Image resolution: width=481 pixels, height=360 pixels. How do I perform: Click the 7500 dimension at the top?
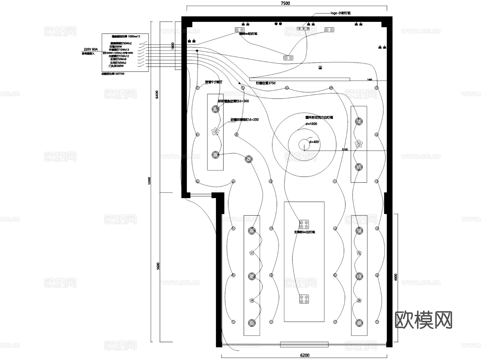[285, 3]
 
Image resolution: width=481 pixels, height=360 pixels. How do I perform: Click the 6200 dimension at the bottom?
[305, 355]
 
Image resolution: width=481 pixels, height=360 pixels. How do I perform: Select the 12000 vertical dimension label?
[149, 180]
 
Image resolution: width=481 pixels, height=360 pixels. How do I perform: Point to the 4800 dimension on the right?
[396, 277]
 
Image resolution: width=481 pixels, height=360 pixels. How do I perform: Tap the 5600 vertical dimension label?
[158, 266]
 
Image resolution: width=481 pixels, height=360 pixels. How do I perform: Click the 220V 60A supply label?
[91, 49]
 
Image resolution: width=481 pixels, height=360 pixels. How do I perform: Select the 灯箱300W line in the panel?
[115, 47]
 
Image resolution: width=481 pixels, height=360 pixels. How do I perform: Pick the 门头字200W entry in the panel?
[116, 66]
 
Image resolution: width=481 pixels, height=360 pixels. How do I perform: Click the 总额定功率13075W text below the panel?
[113, 74]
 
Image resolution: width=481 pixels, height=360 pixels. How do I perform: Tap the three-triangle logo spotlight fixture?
[303, 28]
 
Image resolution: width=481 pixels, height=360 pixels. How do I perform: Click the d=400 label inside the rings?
[314, 142]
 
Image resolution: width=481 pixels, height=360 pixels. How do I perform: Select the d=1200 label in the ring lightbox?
[311, 124]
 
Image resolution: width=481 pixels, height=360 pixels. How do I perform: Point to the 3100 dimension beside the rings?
[345, 149]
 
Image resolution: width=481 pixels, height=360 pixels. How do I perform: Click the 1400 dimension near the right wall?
[369, 80]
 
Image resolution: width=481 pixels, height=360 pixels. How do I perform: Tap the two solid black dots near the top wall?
[278, 24]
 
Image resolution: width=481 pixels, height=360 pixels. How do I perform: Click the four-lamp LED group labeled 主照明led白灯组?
[304, 224]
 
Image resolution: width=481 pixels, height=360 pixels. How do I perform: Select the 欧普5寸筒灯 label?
[214, 82]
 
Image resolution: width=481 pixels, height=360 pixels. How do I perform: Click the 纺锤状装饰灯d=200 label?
[245, 120]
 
